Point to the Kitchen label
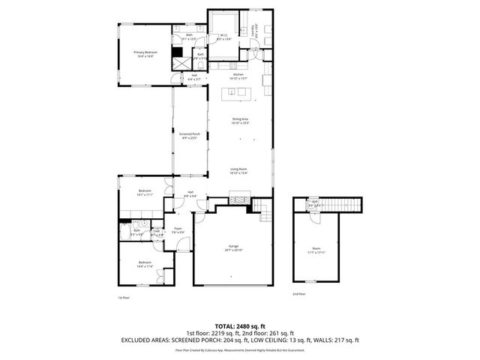pyautogui.click(x=238, y=76)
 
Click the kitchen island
pyautogui.click(x=239, y=94)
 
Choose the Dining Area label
pyautogui.click(x=239, y=121)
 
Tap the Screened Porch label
pyautogui.click(x=190, y=136)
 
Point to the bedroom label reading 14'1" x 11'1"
pyautogui.click(x=145, y=193)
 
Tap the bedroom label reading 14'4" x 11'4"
pyautogui.click(x=145, y=265)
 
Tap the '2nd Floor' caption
pyautogui.click(x=298, y=294)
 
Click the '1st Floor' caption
pyautogui.click(x=124, y=298)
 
